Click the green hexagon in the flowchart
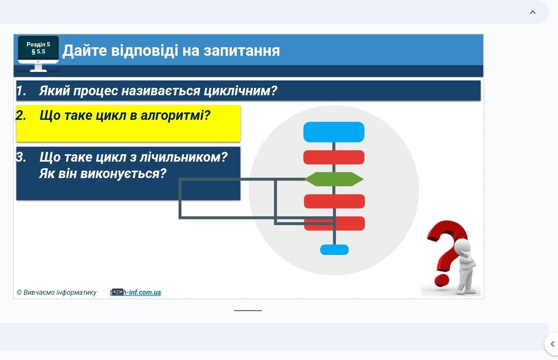[x=334, y=179]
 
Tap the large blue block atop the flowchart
[x=334, y=132]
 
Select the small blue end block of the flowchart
[x=334, y=250]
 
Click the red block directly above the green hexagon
[x=334, y=157]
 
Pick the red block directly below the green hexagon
[x=334, y=201]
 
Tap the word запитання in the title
[x=242, y=51]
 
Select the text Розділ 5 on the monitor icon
[x=38, y=45]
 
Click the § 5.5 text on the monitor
[x=38, y=52]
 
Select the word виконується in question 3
[x=123, y=174]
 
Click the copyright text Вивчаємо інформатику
[x=60, y=292]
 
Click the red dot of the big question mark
[x=442, y=280]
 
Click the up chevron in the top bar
[x=533, y=12]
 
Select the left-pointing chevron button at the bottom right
[x=552, y=344]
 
